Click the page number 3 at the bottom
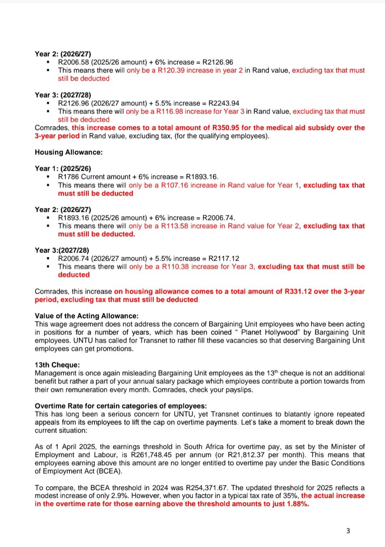[x=348, y=531]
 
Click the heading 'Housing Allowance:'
[x=68, y=152]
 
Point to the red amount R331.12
[x=298, y=291]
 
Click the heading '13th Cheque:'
[x=57, y=365]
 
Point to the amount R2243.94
[x=224, y=103]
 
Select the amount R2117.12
[x=224, y=259]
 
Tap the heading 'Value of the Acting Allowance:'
[x=87, y=316]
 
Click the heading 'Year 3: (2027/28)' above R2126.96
[x=63, y=95]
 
